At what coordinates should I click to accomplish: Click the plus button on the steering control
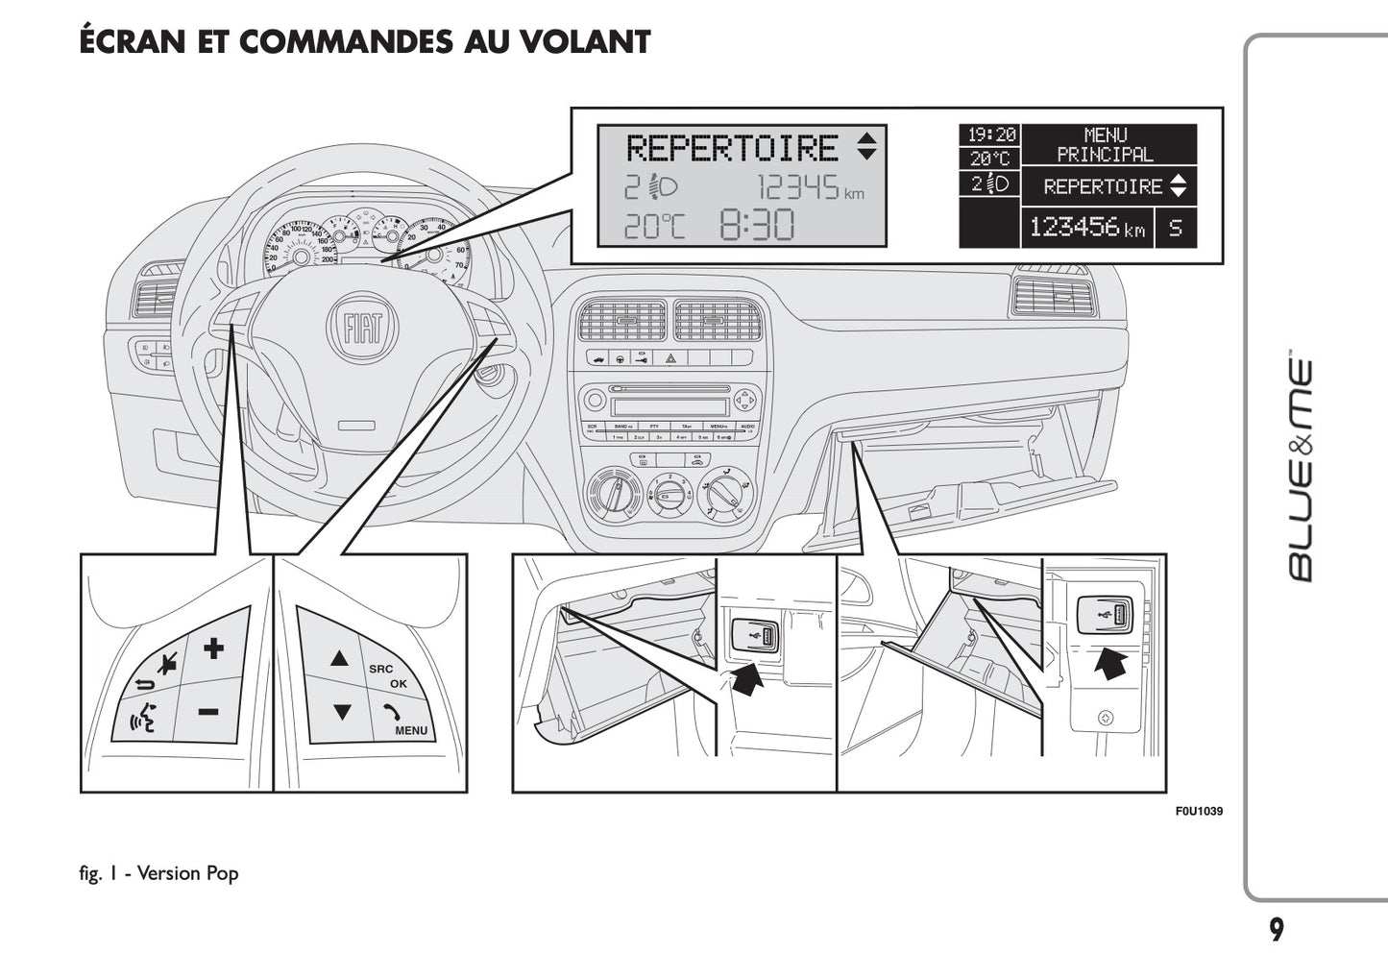213,648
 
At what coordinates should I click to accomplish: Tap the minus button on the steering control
209,712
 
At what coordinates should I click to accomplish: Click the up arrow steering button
339,659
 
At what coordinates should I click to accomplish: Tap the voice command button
143,716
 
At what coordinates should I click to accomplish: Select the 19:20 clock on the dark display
990,135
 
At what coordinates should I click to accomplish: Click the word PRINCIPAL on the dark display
1105,155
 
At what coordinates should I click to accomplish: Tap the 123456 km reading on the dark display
1086,228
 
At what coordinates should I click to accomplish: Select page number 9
1276,930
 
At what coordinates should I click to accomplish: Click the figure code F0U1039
1199,811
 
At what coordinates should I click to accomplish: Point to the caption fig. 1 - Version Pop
159,873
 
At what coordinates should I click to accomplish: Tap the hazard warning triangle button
670,358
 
